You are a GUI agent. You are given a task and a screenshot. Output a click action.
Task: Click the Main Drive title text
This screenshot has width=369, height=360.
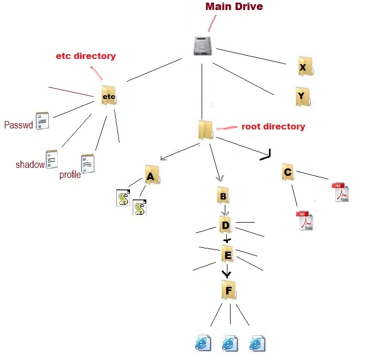point(234,7)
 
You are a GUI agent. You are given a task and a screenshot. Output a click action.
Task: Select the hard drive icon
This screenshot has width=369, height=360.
point(204,46)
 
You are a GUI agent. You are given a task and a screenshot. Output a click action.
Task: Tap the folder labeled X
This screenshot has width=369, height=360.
point(303,67)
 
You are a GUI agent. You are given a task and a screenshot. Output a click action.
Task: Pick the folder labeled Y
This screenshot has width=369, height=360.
point(302,96)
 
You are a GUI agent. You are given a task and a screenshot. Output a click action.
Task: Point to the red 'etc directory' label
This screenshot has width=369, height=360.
point(86,56)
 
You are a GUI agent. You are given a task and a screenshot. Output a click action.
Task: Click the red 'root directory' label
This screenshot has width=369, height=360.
point(273,127)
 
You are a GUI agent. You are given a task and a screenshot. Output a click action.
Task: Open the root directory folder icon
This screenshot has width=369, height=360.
point(205,129)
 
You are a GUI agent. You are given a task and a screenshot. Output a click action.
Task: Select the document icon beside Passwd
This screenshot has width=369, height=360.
point(42,121)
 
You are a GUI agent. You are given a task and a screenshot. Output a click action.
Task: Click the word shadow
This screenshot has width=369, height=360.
point(30,165)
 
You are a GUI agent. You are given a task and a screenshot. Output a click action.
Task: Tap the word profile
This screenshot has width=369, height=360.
point(70,175)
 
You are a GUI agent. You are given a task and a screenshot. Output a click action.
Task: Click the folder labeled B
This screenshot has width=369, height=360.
point(223,196)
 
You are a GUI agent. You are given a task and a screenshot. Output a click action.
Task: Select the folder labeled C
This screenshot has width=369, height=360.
point(287,172)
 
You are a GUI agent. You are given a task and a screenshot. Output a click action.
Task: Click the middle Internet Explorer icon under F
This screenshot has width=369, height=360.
point(228,343)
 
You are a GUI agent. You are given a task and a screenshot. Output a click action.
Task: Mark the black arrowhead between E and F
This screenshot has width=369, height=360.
point(226,273)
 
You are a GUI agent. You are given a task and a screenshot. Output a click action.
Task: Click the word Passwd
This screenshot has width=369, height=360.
point(18,125)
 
